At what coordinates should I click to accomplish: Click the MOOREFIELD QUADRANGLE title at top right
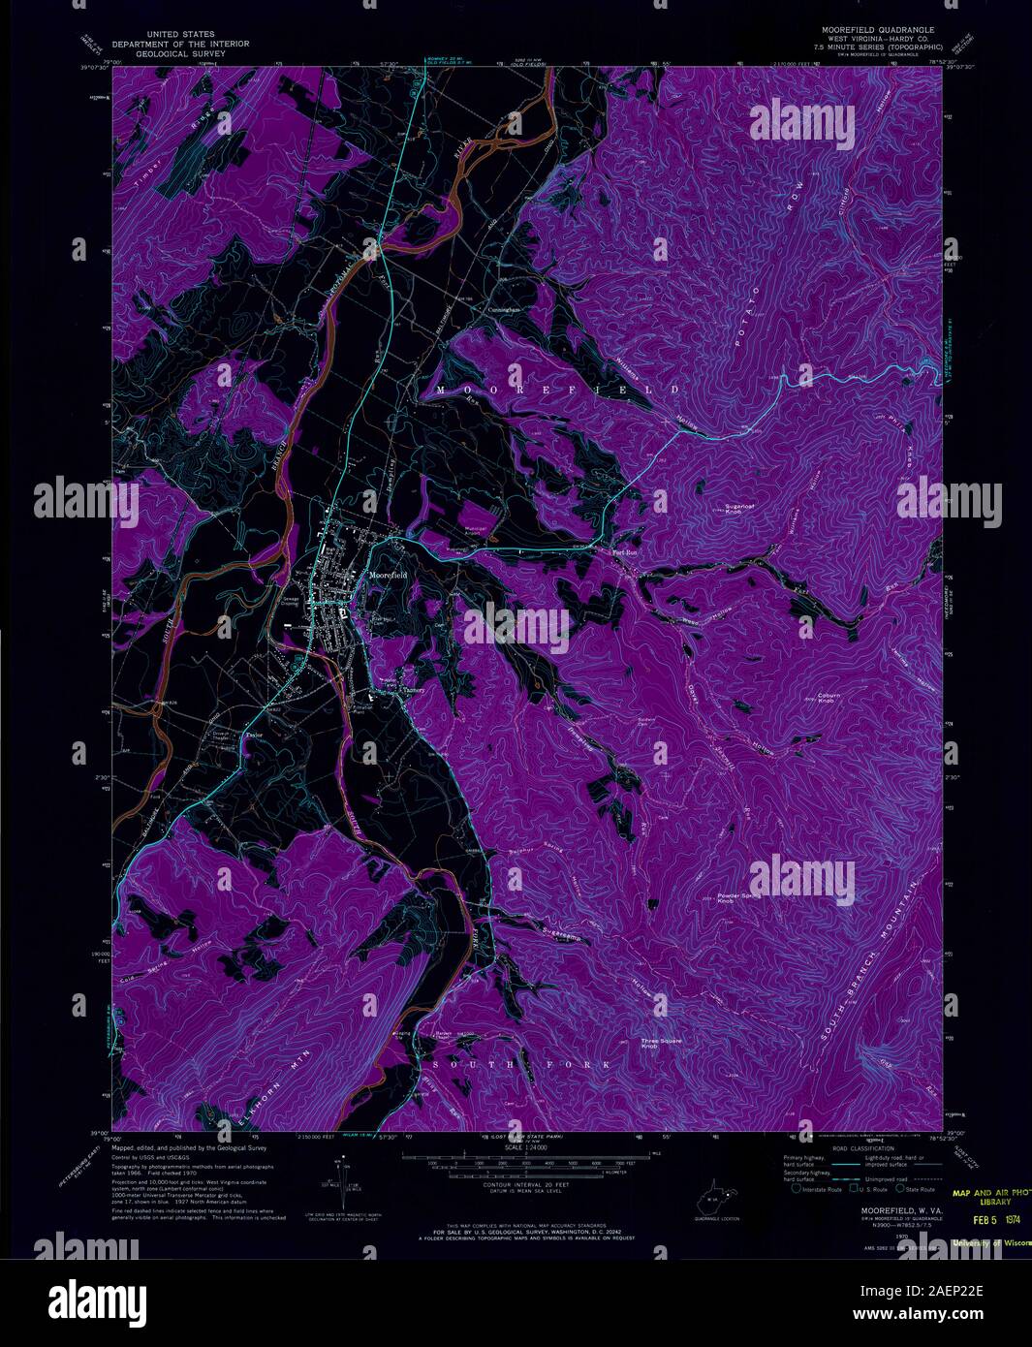pyautogui.click(x=872, y=30)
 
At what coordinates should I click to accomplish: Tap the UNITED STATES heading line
pyautogui.click(x=180, y=33)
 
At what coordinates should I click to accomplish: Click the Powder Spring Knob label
pyautogui.click(x=738, y=898)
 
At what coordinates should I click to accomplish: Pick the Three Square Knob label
pyautogui.click(x=662, y=1045)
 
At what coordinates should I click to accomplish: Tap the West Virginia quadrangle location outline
pyautogui.click(x=714, y=1205)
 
